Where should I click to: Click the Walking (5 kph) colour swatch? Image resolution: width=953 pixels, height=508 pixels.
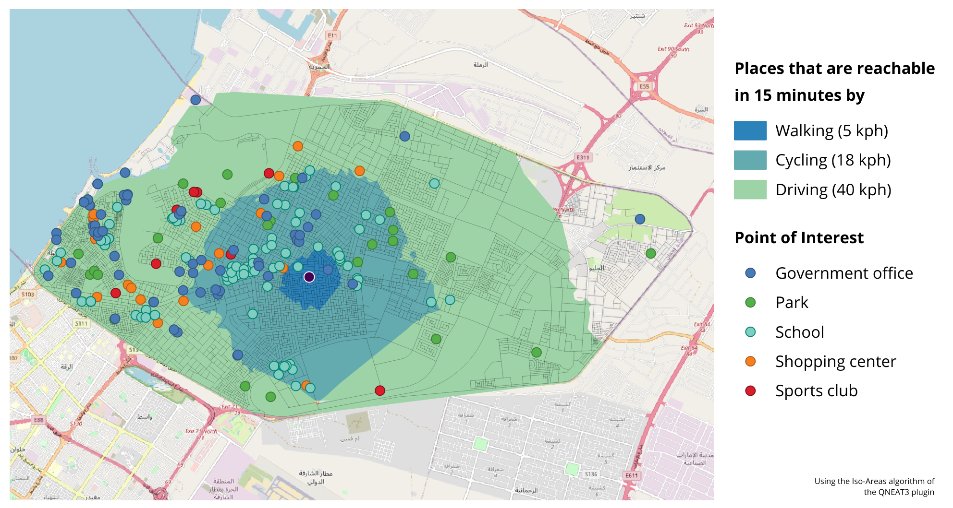tap(750, 130)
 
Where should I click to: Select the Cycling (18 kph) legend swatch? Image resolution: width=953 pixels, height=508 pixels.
tap(750, 160)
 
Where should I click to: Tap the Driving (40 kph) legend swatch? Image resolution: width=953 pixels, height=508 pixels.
tap(750, 189)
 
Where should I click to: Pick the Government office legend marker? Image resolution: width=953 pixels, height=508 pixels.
tap(750, 273)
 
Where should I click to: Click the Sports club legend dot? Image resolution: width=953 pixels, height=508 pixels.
tap(750, 390)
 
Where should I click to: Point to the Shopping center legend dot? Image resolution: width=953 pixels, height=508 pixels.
tap(750, 361)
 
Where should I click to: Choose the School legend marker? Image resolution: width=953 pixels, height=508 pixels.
tap(750, 332)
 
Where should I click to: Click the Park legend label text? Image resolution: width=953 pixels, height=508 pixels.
tap(792, 303)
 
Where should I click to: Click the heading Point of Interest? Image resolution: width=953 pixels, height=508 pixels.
tap(799, 237)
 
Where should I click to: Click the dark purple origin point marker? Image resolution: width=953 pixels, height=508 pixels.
tap(309, 277)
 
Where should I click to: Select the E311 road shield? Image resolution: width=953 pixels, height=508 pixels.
tap(583, 157)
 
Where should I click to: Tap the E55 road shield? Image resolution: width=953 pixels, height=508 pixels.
tap(644, 87)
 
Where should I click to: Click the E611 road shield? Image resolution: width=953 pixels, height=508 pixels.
tap(632, 475)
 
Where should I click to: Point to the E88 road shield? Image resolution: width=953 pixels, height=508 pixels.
tap(38, 420)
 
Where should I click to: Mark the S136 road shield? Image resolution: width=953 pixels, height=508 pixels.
tap(591, 474)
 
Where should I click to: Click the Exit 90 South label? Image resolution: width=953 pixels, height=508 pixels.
tap(673, 49)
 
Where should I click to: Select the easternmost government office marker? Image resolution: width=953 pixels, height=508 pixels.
tap(640, 219)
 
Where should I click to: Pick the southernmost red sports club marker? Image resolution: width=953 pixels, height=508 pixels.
tap(380, 390)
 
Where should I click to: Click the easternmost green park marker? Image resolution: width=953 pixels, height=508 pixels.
tap(651, 253)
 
